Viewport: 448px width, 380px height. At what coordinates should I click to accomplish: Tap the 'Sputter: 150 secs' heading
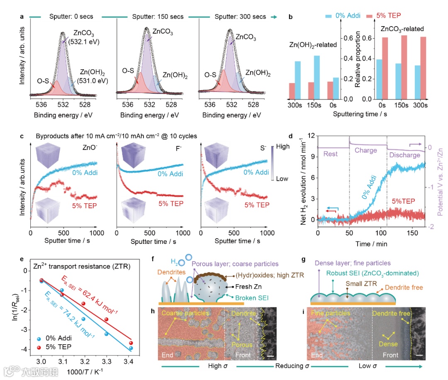tap(150, 17)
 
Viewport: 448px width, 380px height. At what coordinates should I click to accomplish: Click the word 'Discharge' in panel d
tap(405, 155)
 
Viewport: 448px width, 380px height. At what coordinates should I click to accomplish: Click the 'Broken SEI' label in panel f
tap(251, 298)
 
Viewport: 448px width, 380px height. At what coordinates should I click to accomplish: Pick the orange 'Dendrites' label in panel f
tap(170, 273)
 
